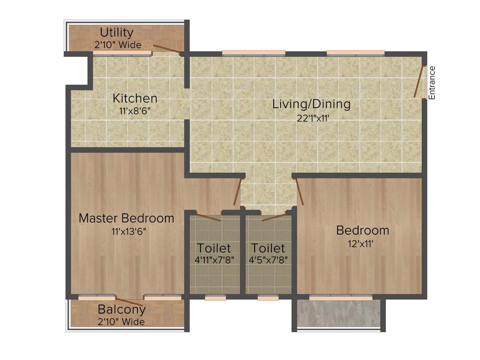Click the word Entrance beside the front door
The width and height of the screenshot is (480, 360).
tap(432, 82)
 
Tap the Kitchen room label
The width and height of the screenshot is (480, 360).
tap(135, 99)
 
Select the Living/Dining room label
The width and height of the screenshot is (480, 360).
tap(311, 104)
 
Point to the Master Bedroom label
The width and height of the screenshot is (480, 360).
tap(126, 218)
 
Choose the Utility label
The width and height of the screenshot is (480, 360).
tap(117, 33)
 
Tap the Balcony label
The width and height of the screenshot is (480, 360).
tap(121, 310)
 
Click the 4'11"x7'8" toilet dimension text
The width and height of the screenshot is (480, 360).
tap(214, 259)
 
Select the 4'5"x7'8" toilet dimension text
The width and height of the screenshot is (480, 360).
tap(268, 259)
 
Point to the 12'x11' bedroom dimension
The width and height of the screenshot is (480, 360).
tap(362, 243)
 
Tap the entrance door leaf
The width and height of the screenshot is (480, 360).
tap(419, 82)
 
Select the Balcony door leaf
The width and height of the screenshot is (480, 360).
tap(129, 302)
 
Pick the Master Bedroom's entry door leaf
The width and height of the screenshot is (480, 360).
tap(238, 192)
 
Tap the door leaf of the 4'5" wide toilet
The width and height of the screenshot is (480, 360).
tap(274, 217)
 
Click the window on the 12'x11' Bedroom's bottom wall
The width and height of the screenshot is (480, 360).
tap(341, 297)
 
